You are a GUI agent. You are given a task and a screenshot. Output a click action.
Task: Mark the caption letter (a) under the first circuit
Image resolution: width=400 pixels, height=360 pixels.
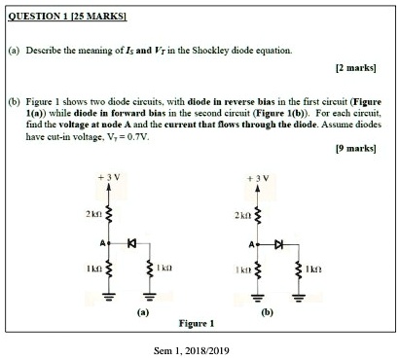(x=143, y=313)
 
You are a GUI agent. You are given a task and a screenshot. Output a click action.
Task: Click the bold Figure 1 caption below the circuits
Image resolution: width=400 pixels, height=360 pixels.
(x=198, y=323)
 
